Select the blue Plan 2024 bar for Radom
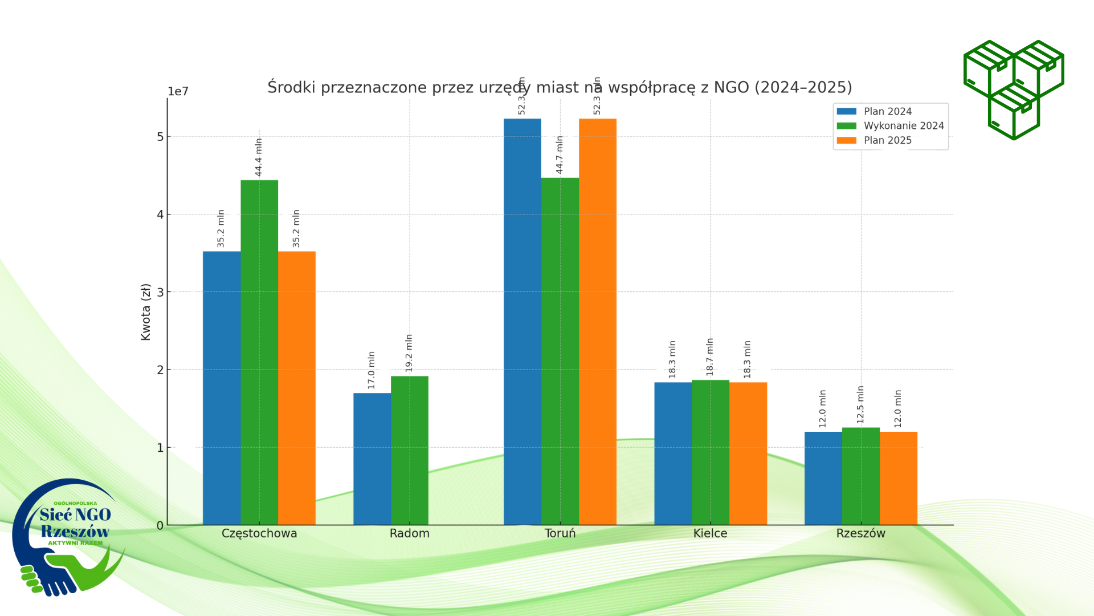(372, 459)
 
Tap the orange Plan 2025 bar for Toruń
(597, 322)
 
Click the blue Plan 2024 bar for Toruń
(522, 322)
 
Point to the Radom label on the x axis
(409, 533)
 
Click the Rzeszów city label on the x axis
(860, 533)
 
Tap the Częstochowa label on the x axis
(259, 533)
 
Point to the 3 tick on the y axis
(160, 292)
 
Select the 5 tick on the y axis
(160, 137)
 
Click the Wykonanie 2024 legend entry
(903, 126)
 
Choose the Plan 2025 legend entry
(887, 140)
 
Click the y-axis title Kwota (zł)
(146, 311)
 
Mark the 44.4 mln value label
(259, 157)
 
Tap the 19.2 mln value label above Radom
(409, 353)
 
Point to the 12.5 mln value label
(860, 404)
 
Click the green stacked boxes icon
(1014, 90)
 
